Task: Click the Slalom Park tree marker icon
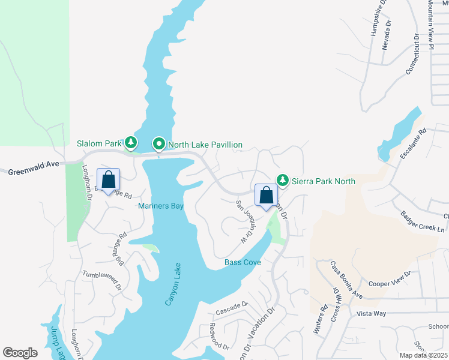tap(130, 143)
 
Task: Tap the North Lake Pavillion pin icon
tap(159, 144)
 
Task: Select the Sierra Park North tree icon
tap(282, 180)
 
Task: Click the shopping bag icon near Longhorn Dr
tap(108, 179)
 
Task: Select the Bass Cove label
tap(243, 262)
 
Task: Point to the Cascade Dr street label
tap(232, 308)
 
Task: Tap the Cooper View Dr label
tap(390, 278)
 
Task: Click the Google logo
tap(20, 353)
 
